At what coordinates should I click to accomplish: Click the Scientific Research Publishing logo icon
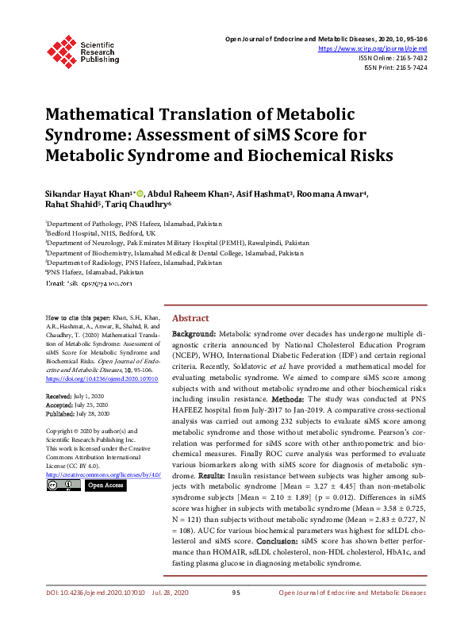(60, 48)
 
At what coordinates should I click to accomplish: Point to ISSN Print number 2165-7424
(410, 68)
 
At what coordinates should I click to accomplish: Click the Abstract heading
(190, 317)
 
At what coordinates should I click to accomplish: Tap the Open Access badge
(105, 485)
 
